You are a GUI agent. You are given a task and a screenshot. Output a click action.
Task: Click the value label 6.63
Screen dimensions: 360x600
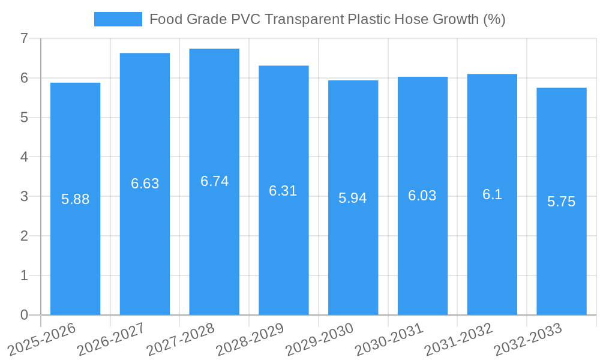[x=145, y=184]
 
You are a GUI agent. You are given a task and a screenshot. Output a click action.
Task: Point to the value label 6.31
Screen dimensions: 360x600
[x=283, y=191]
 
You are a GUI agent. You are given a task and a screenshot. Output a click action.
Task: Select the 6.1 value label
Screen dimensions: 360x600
[x=492, y=194]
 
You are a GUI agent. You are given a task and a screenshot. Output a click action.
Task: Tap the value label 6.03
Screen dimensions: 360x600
[x=422, y=196]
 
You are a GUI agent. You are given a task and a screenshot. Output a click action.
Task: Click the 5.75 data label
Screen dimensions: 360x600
[x=561, y=202]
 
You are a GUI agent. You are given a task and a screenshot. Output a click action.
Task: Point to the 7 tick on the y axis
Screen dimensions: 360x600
[x=24, y=38]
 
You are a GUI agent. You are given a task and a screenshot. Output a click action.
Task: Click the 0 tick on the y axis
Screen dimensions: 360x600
[x=24, y=315]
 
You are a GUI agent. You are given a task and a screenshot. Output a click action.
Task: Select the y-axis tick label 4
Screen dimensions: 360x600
[x=24, y=157]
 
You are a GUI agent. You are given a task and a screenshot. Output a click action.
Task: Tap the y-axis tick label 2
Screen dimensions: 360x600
[x=24, y=236]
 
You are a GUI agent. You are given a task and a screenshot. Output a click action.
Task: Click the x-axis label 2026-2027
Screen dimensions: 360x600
[x=111, y=339]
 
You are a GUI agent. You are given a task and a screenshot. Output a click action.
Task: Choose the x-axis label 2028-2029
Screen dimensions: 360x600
[x=250, y=339]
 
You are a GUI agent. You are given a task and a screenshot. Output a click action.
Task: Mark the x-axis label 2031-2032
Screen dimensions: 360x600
[x=458, y=339]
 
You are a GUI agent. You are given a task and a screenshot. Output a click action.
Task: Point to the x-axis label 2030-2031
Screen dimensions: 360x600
[x=389, y=339]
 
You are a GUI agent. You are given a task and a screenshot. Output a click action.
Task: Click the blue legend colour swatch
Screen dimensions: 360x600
[x=118, y=19]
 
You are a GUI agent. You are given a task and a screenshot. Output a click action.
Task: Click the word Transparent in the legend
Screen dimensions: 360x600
[x=305, y=19]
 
